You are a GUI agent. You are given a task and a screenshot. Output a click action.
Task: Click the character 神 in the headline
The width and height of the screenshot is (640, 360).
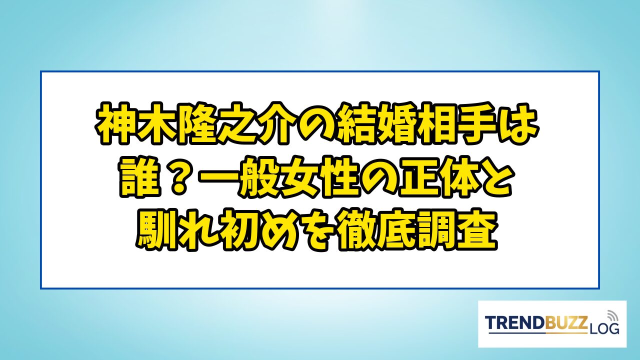point(115,123)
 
